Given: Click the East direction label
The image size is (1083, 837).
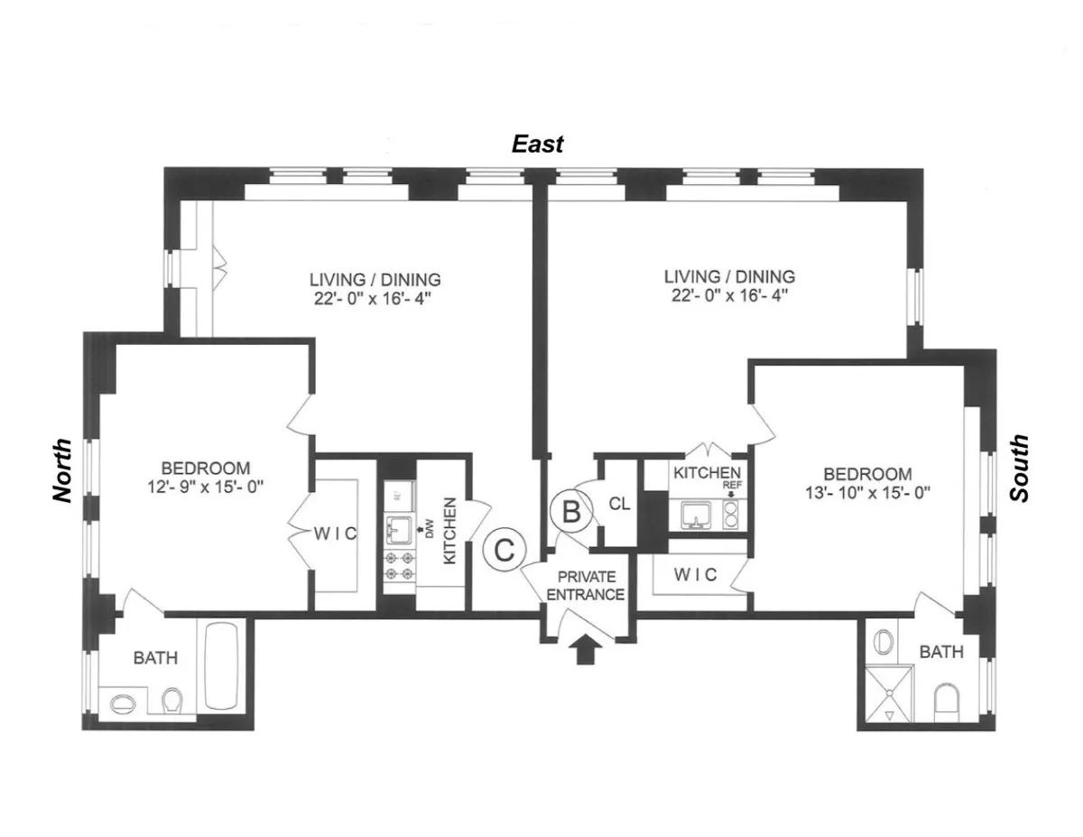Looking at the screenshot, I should click(538, 144).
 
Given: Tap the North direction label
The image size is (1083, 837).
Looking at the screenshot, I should click(61, 470).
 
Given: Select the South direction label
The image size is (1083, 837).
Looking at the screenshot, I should click(1019, 469).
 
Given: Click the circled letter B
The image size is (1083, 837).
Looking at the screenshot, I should click(570, 512).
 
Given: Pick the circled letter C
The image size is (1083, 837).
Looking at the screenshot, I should click(504, 548).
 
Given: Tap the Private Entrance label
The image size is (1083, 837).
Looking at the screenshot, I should click(586, 585).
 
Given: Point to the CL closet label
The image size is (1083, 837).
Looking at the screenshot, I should click(619, 504).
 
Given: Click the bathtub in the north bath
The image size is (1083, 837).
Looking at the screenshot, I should click(223, 665).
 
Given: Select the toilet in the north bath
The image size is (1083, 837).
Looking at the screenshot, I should click(171, 699).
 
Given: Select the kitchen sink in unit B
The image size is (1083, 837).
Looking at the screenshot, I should click(695, 514).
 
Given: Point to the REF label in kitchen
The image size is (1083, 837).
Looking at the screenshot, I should click(729, 485).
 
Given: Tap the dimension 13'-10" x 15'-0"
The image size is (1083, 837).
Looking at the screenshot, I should click(867, 493).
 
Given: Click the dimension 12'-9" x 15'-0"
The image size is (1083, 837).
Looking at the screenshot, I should click(206, 487).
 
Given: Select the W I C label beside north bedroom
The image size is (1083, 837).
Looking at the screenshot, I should click(335, 534).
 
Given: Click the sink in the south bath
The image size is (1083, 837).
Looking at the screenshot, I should click(884, 642).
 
